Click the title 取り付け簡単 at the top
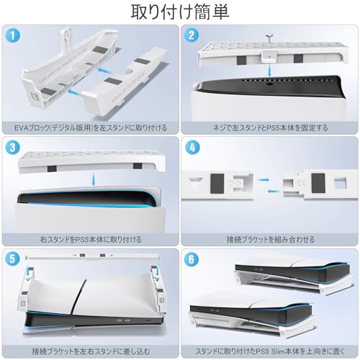179,12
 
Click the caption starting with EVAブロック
90,127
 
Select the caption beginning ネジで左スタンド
269,127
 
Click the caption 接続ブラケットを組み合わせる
269,238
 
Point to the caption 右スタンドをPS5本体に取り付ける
90,238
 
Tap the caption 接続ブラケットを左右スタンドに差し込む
90,350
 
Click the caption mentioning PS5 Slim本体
269,350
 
